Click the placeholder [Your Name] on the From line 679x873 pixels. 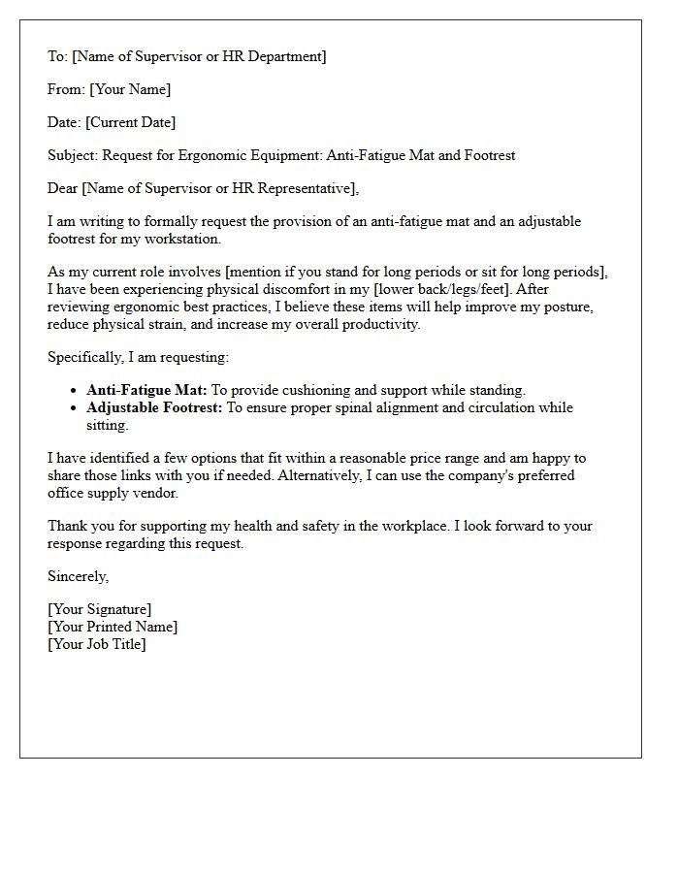tap(130, 89)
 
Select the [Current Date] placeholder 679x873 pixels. tap(131, 122)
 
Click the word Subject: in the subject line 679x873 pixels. tap(73, 155)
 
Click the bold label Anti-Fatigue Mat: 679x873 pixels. tap(146, 390)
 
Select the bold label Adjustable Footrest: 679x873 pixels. tap(155, 407)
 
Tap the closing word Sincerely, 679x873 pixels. tap(79, 576)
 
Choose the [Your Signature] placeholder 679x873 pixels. tap(99, 609)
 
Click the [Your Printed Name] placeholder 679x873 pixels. tap(113, 627)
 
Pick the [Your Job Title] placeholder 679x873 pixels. tap(97, 644)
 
